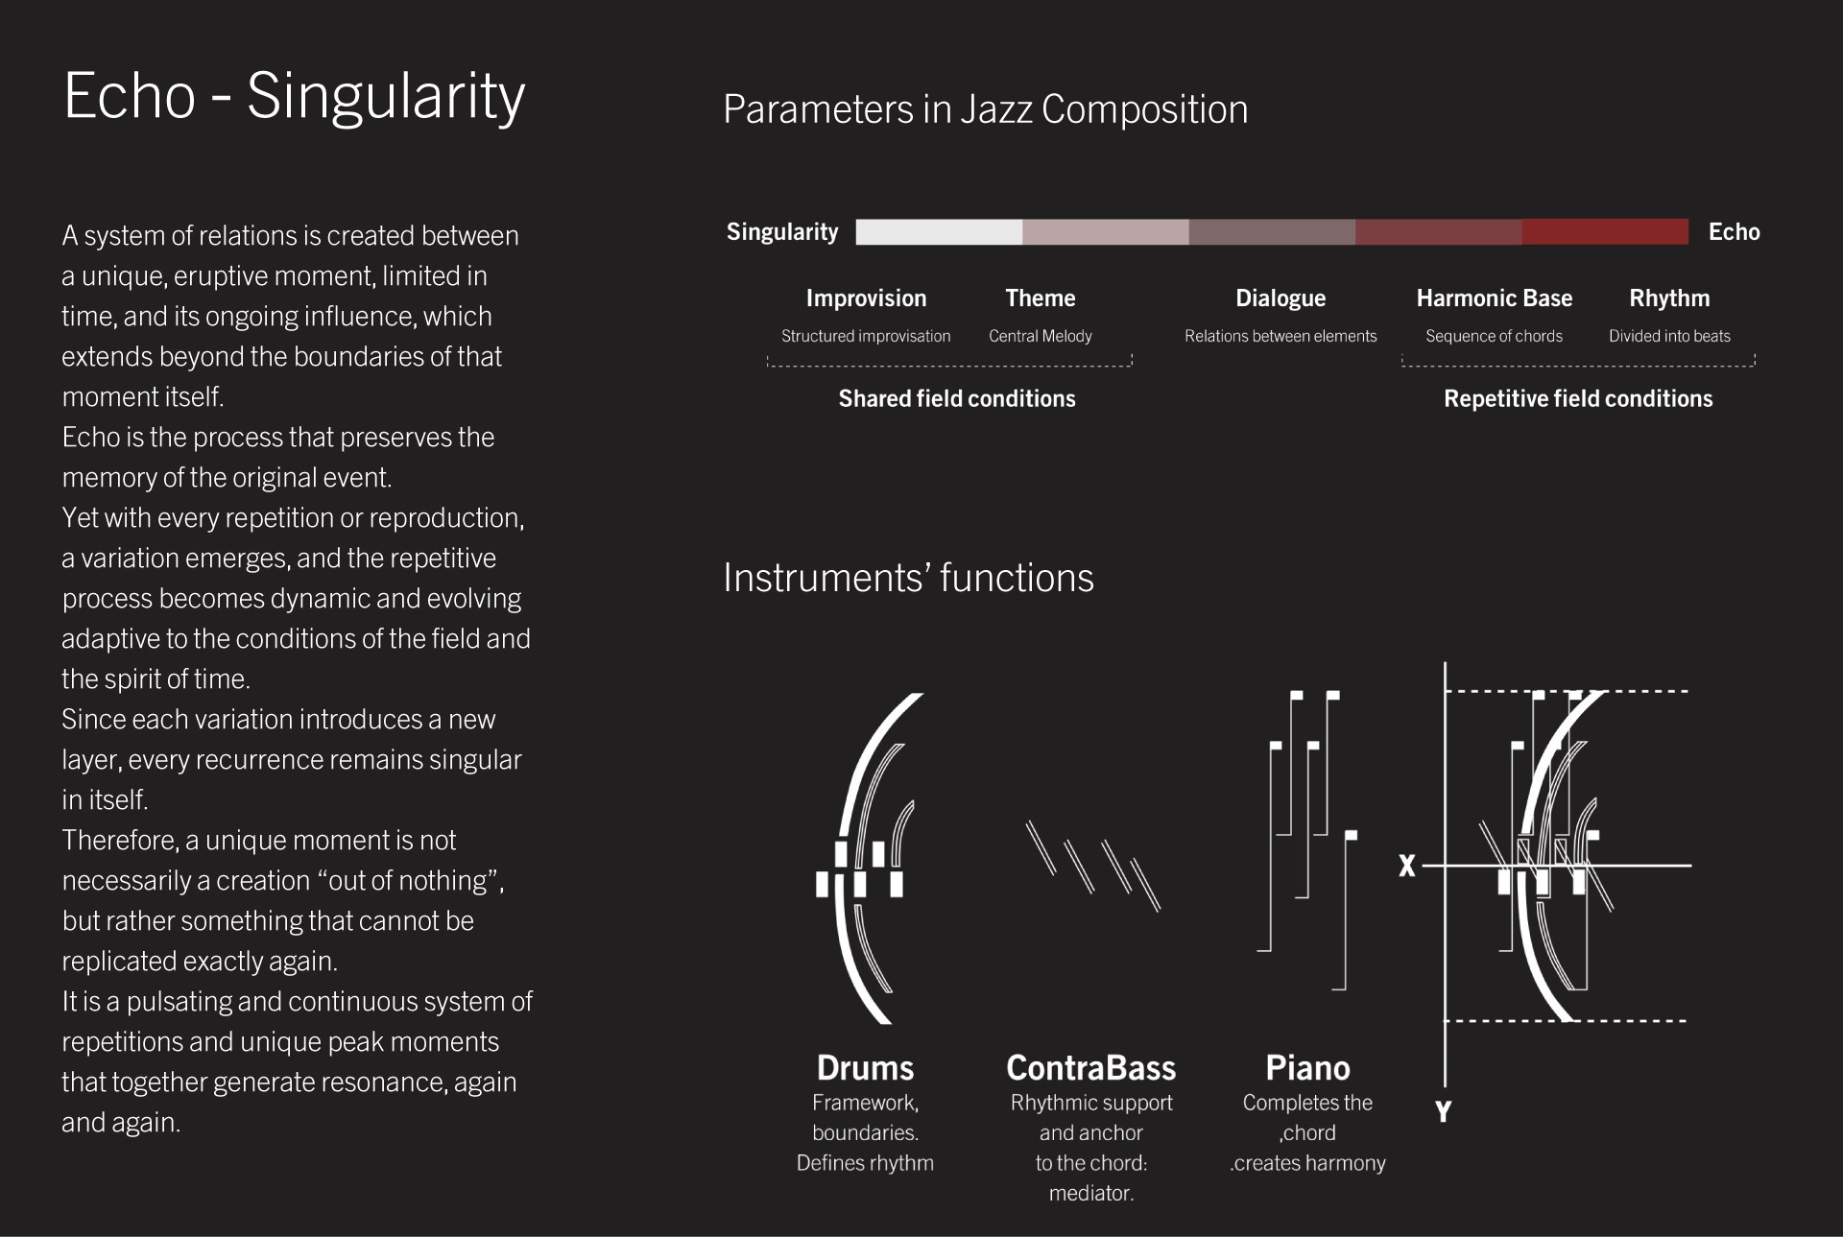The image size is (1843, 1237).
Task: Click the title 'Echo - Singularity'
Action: pos(294,97)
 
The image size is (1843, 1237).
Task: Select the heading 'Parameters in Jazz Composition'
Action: pos(985,109)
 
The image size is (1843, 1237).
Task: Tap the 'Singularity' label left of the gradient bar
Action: pos(782,231)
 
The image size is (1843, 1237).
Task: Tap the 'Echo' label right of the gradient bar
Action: pos(1734,231)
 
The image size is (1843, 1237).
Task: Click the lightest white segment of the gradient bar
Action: pos(939,231)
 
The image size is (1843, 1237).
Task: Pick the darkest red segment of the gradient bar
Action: pos(1605,231)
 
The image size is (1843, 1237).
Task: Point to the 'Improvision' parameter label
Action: pos(866,298)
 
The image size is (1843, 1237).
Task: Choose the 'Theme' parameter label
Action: pos(1041,298)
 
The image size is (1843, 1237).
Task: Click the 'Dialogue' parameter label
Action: pos(1281,298)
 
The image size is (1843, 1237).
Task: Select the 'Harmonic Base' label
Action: pos(1495,298)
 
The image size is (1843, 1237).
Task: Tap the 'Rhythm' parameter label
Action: pos(1669,298)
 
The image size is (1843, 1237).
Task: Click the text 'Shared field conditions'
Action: pos(957,398)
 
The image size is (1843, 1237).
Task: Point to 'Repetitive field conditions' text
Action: pos(1578,398)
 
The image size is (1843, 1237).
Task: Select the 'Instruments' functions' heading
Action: pos(908,578)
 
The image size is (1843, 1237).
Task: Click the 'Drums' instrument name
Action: pos(865,1067)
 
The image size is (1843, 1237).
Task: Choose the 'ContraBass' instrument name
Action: pos(1090,1067)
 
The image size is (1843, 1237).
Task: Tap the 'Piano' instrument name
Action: pos(1307,1067)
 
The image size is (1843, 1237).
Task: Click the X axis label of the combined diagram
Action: pos(1407,866)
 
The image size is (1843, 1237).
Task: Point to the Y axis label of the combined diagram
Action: pos(1443,1111)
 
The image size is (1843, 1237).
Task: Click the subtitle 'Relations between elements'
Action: pos(1281,336)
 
